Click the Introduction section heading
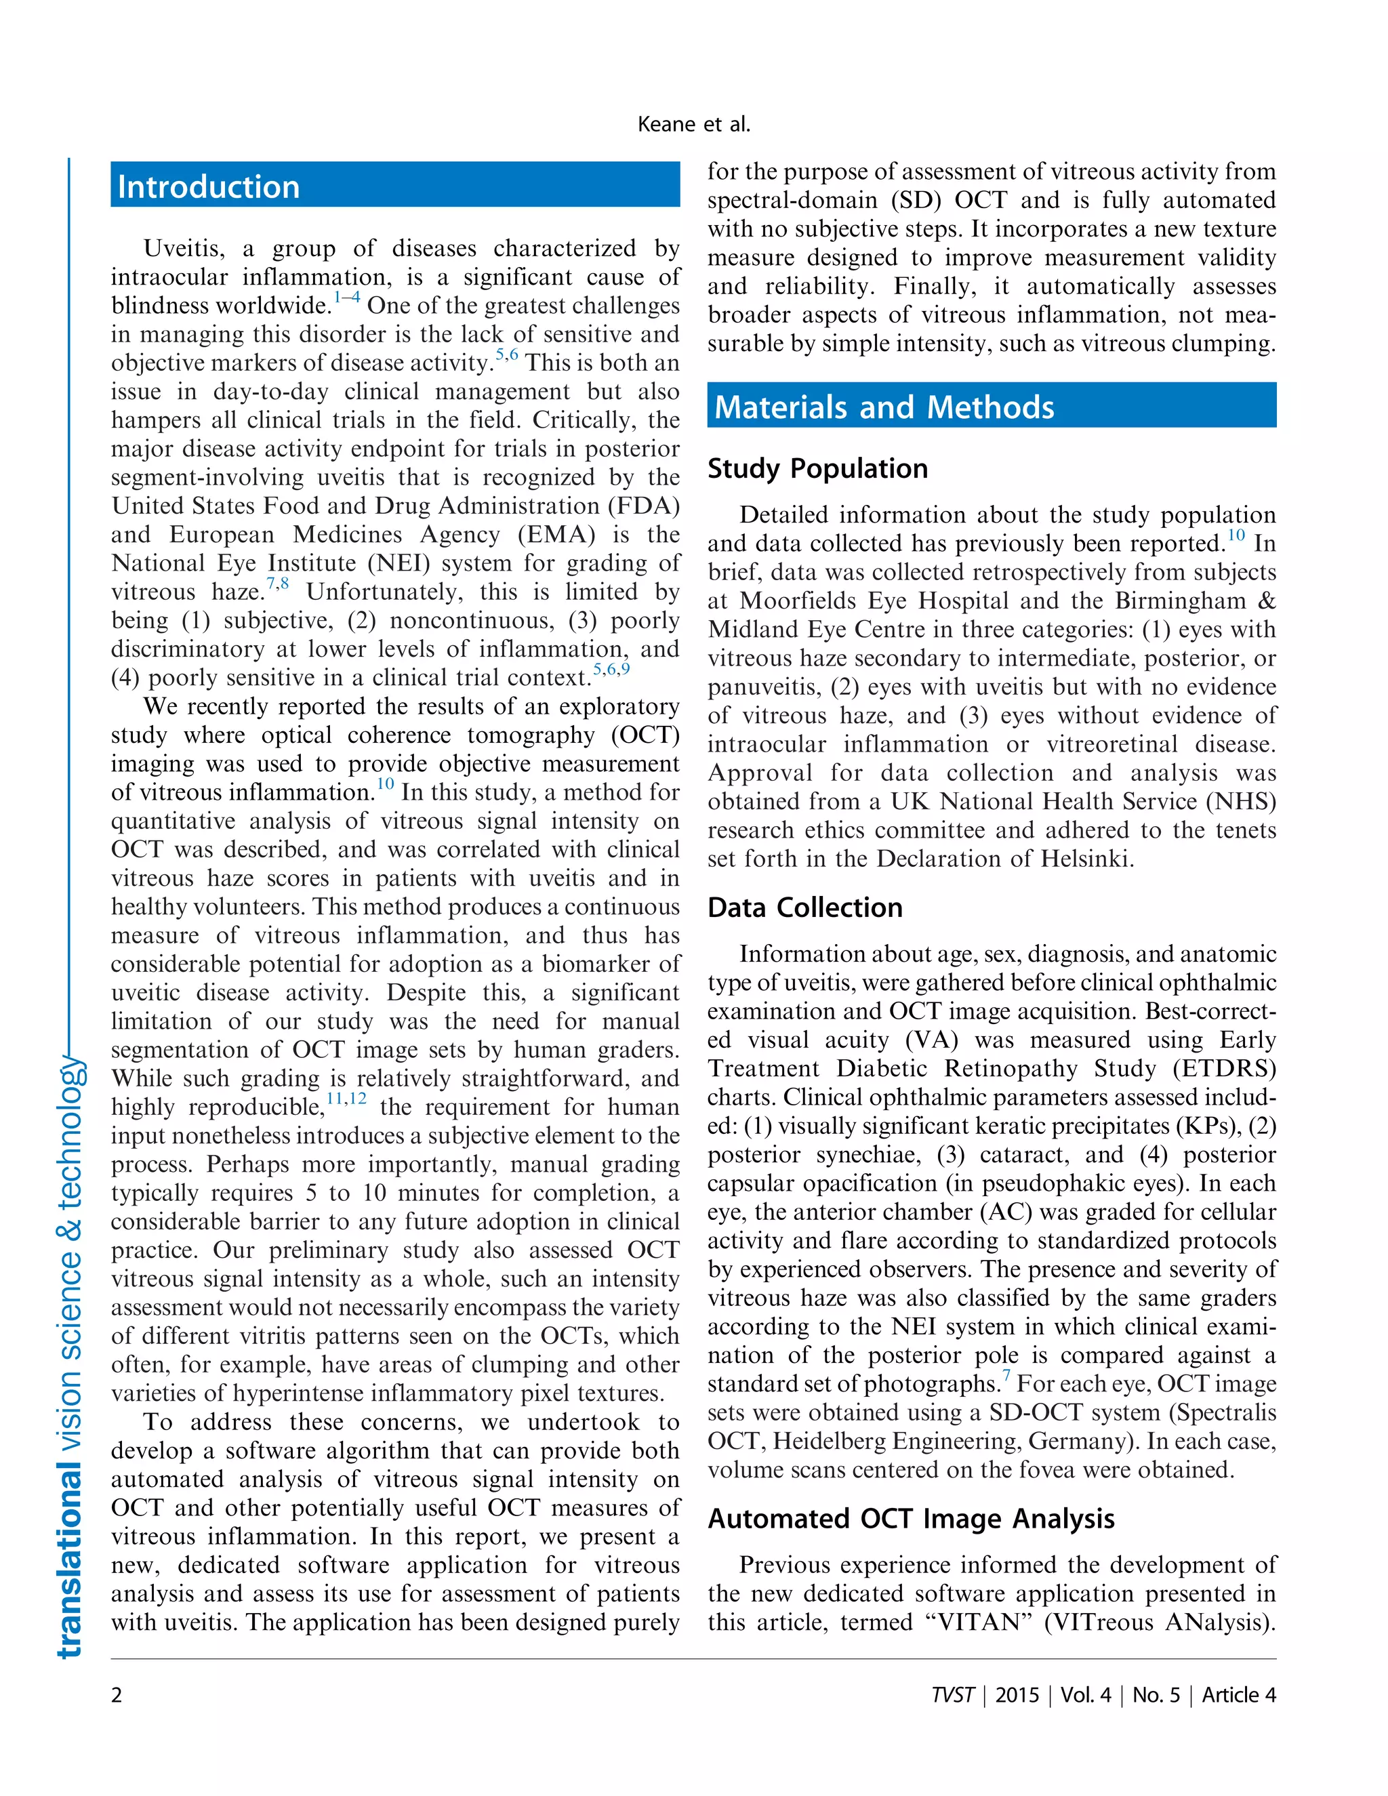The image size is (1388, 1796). [208, 186]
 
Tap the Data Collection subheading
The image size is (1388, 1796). [805, 907]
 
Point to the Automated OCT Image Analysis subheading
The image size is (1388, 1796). [911, 1518]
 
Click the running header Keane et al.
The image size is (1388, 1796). [693, 124]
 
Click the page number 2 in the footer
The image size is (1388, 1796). [117, 1695]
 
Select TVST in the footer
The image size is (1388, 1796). [952, 1695]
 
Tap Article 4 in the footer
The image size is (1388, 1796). [1238, 1695]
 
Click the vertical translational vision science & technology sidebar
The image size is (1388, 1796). [70, 1357]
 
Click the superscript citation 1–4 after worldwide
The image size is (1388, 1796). [346, 298]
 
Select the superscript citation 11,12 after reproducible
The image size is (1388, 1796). [346, 1099]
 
